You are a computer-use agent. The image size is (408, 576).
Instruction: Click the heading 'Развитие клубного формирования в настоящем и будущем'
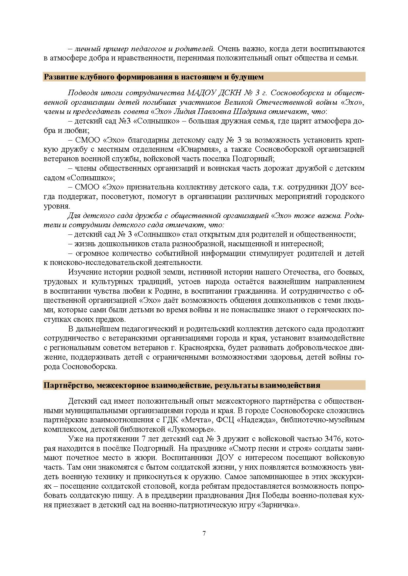tap(154, 77)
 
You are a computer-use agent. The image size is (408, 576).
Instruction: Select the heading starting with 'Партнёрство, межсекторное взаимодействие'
tap(182, 385)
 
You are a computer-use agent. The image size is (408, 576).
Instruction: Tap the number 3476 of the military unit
tap(334, 439)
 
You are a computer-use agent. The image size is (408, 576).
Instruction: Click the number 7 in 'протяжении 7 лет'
tap(143, 439)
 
